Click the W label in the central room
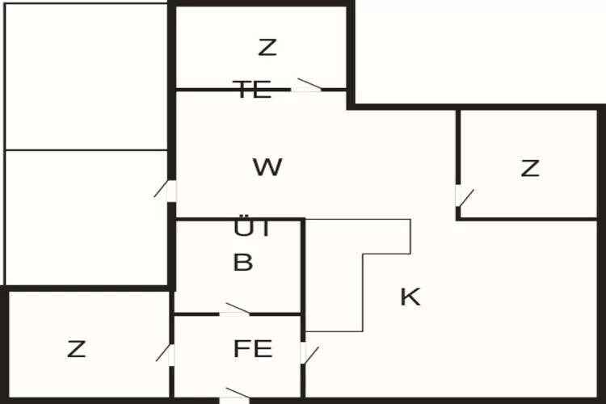(267, 168)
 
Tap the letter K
(410, 297)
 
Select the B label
(242, 263)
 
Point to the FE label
(253, 350)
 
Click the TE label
(252, 90)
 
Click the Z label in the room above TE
(267, 48)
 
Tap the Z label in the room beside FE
(76, 350)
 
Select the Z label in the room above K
(529, 169)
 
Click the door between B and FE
(235, 311)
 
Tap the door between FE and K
(306, 354)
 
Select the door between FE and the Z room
(167, 354)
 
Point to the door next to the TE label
(307, 86)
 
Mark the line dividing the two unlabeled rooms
(86, 149)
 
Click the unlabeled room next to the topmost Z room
(86, 77)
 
